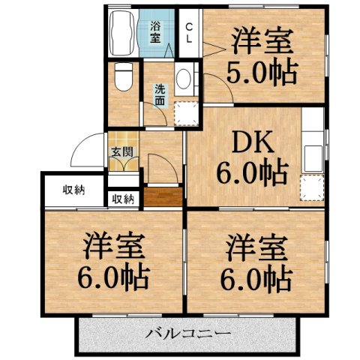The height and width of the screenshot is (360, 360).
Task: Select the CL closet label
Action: point(190,31)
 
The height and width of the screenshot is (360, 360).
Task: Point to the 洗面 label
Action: point(160,95)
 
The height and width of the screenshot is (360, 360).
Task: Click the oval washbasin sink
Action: point(183,81)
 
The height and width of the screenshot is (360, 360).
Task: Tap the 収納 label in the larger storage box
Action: point(73,189)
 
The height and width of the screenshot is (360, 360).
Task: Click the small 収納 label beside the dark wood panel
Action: point(123,199)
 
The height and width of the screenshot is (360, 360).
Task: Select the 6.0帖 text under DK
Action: point(252,174)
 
